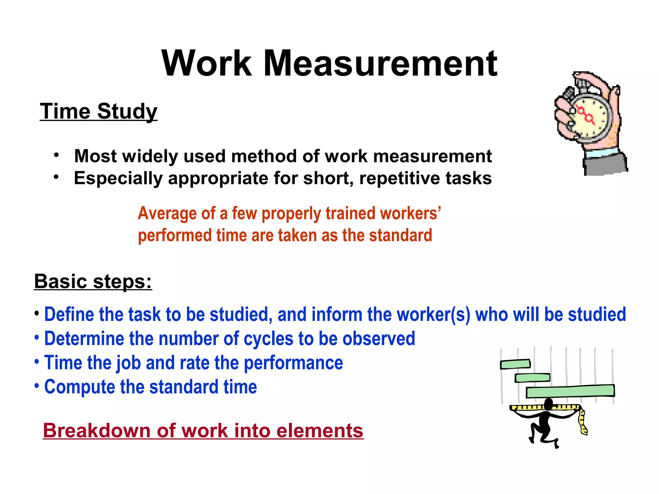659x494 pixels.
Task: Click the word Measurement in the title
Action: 380,63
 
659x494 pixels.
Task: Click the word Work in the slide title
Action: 207,63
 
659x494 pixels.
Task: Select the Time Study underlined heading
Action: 98,111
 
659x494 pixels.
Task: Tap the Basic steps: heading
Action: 93,281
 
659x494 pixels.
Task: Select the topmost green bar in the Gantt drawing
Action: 515,364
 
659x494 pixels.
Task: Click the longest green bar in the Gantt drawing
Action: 570,391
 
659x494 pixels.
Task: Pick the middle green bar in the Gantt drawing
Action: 533,378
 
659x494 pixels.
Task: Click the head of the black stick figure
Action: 548,404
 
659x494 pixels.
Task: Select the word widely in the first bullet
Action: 150,156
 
